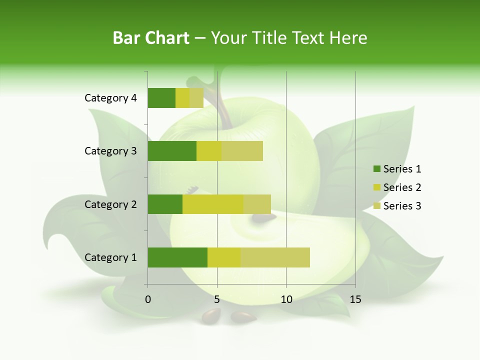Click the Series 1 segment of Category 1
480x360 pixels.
click(177, 257)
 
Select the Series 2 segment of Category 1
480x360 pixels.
click(224, 257)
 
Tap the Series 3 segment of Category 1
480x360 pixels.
click(275, 257)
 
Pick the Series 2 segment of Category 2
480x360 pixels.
click(213, 204)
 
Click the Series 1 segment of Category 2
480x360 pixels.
click(165, 204)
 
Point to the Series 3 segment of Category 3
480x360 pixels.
click(242, 151)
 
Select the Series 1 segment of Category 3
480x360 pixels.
click(172, 151)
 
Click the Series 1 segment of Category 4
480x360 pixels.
click(161, 98)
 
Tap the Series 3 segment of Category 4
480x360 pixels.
click(196, 98)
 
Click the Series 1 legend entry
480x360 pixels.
click(397, 169)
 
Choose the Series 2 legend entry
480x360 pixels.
click(397, 187)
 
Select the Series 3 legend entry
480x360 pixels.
click(397, 206)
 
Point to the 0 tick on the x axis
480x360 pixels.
click(148, 299)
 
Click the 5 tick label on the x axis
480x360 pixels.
click(217, 299)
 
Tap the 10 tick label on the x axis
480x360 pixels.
click(286, 299)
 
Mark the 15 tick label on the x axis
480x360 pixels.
click(355, 299)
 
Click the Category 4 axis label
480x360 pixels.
click(110, 98)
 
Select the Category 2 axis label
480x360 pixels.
click(110, 204)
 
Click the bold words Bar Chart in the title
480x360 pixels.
click(151, 38)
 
